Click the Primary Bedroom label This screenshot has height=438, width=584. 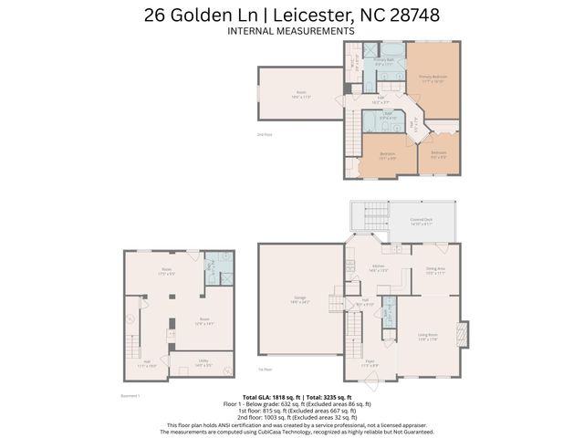[432, 79]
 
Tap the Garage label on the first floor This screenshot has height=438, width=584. [300, 299]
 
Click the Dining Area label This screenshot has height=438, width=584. [434, 271]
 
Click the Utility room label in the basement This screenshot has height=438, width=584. [205, 363]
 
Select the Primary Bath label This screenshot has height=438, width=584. [383, 62]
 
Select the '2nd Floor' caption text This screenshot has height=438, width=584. [264, 134]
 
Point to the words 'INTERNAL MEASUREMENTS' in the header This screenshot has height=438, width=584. [291, 30]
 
